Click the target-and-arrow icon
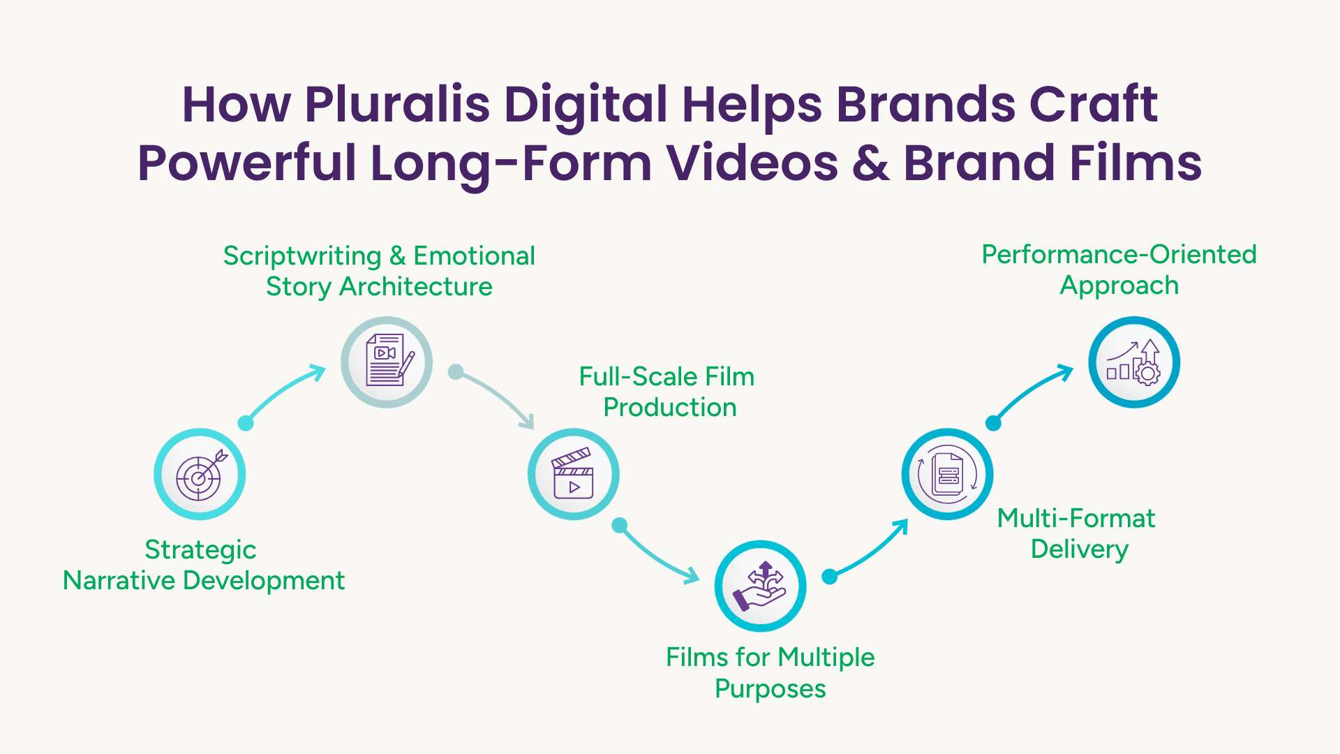tap(200, 474)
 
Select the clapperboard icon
tap(573, 473)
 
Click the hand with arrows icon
tap(759, 586)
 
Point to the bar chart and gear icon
tap(1133, 362)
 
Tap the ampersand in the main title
tap(871, 163)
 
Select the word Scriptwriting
tap(302, 256)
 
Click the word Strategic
tap(200, 550)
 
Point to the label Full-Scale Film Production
tap(667, 392)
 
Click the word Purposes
tap(770, 688)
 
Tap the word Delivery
tap(1080, 549)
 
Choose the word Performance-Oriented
tap(1119, 254)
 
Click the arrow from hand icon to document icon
tap(869, 550)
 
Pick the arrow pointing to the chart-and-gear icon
tap(1030, 393)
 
